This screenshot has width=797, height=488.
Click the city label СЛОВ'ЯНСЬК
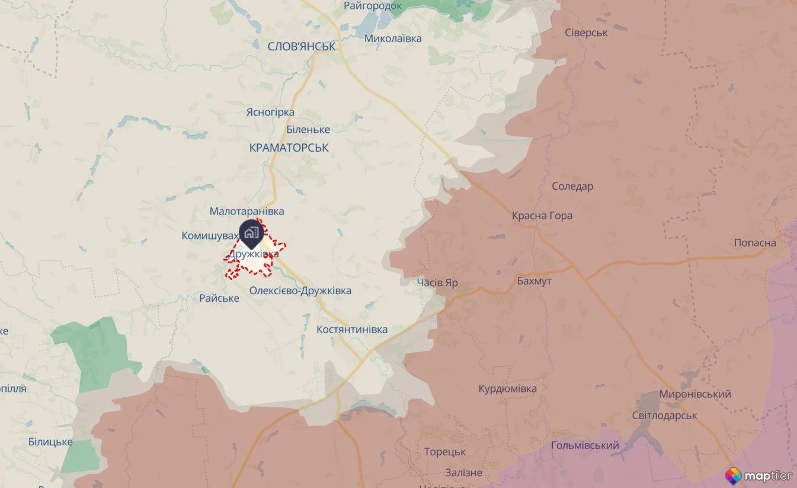point(302,46)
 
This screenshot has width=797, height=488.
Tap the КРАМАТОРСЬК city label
point(289,147)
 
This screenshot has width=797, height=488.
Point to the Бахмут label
point(534,281)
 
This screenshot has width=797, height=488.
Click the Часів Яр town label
point(437,283)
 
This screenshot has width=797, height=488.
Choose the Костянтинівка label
point(352,329)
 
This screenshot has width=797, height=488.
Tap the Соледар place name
point(572,186)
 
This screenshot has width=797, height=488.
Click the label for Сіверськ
point(586,33)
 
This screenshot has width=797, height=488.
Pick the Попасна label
point(755,243)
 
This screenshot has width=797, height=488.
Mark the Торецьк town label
point(444,452)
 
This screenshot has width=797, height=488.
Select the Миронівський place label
point(695,394)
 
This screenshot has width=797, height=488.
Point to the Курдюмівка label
point(508,388)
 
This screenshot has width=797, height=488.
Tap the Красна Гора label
point(542,215)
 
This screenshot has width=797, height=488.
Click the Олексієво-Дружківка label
point(300,291)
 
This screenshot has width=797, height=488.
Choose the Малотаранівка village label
point(247,211)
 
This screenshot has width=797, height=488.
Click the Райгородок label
point(373,6)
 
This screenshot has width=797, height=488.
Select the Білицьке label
point(50,442)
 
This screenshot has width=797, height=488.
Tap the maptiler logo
point(758,475)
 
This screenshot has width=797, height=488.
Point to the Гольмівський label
point(585,445)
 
